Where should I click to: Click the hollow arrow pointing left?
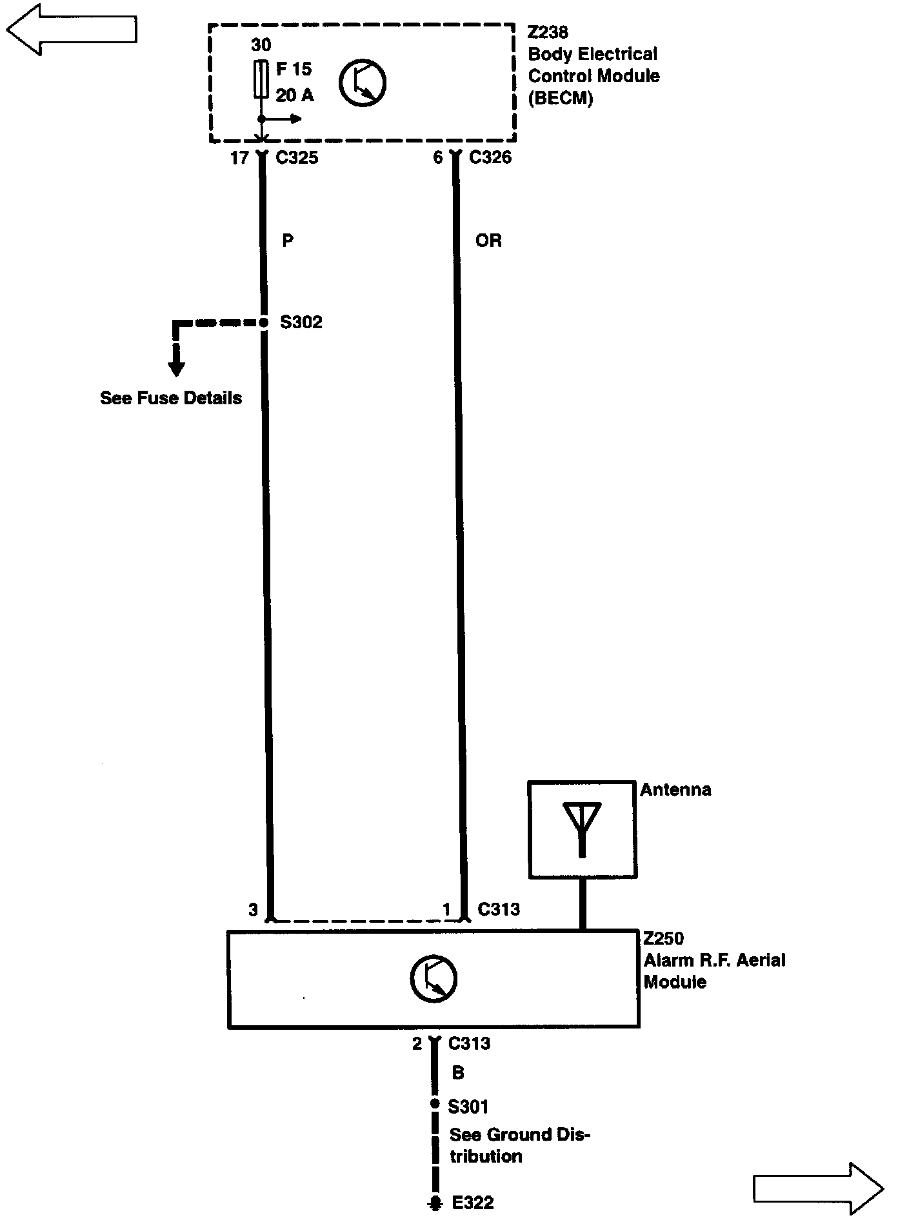pyautogui.click(x=71, y=29)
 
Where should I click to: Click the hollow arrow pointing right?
pyautogui.click(x=818, y=1188)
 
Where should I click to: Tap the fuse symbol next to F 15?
pyautogui.click(x=261, y=79)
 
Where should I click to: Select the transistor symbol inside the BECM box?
pyautogui.click(x=363, y=83)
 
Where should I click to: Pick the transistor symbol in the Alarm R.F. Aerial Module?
pyautogui.click(x=434, y=978)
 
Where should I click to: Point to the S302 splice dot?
pyautogui.click(x=263, y=322)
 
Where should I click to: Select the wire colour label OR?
pyautogui.click(x=488, y=241)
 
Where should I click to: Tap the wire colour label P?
pyautogui.click(x=288, y=241)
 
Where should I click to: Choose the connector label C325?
pyautogui.click(x=297, y=158)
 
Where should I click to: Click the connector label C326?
pyautogui.click(x=490, y=157)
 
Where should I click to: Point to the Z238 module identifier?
pyautogui.click(x=548, y=32)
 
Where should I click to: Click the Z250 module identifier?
pyautogui.click(x=663, y=938)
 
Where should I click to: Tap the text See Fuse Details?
pyautogui.click(x=171, y=398)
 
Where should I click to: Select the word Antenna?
pyautogui.click(x=675, y=790)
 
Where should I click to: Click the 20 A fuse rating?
pyautogui.click(x=295, y=95)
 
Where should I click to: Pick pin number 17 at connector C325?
pyautogui.click(x=239, y=158)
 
